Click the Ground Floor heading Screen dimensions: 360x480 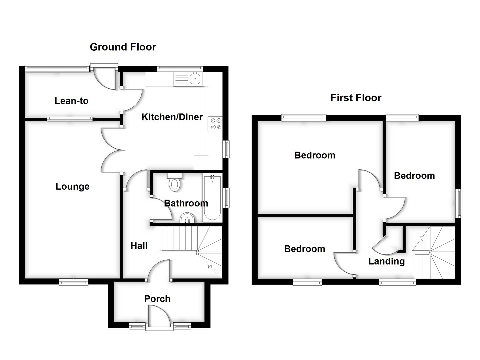point(123,47)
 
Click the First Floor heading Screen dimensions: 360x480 point(356,98)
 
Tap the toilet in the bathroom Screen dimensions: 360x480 point(174,183)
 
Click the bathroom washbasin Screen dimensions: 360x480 point(187,219)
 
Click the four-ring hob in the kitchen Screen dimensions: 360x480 point(215,123)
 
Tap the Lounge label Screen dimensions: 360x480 point(72,186)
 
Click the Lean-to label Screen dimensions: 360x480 point(71,101)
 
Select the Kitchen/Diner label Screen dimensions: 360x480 point(172,117)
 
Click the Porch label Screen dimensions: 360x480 point(157,299)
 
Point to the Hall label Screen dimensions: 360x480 point(139,246)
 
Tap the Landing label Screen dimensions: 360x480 point(386,261)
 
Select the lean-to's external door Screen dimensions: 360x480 point(104,77)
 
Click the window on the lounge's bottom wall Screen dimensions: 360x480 point(74,282)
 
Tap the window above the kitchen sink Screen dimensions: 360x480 point(180,68)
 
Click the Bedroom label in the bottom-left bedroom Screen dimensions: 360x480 point(304,249)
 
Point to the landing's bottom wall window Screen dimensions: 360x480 point(397,283)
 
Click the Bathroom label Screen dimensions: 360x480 point(186,203)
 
